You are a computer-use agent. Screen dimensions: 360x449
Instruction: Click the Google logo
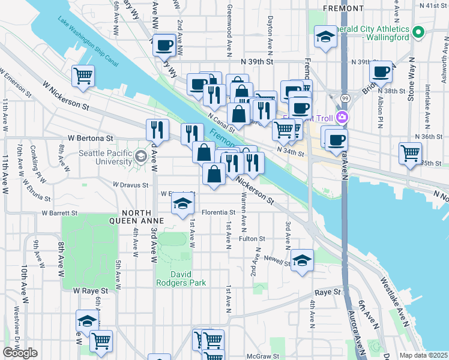[20, 353]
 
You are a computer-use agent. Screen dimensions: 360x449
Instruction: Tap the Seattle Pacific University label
[106, 157]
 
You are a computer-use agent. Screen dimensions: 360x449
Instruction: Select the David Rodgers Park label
[181, 278]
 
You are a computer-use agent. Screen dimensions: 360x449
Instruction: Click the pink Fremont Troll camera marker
[343, 118]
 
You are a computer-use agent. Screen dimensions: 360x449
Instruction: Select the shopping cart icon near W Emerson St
[83, 76]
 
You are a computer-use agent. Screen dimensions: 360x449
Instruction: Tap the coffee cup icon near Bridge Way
[381, 72]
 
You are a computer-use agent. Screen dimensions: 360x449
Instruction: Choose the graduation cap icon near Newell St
[302, 260]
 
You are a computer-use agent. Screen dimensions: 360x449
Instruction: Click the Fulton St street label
[252, 239]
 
